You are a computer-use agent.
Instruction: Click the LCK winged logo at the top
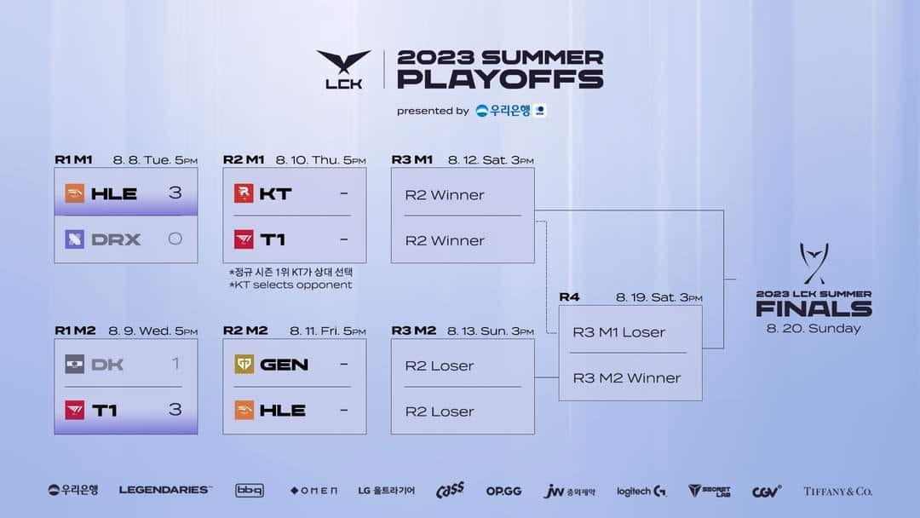click(x=344, y=69)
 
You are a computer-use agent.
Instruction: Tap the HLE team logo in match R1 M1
click(x=74, y=193)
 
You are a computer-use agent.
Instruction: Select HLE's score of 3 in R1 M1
click(x=175, y=193)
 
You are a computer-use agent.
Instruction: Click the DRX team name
click(x=116, y=239)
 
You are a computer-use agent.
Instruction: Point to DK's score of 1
click(x=175, y=364)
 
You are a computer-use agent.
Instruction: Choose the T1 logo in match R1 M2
click(x=74, y=410)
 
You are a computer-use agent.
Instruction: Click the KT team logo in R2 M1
click(x=244, y=193)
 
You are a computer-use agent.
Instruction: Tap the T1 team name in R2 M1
click(x=273, y=239)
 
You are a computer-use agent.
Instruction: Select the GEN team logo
click(x=244, y=365)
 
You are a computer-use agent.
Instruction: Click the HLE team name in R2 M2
click(x=282, y=410)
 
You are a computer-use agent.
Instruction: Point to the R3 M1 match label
click(x=412, y=159)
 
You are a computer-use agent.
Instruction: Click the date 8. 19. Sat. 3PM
click(x=658, y=297)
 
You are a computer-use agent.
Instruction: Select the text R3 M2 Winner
click(x=627, y=377)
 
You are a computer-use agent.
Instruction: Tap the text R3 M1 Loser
click(x=619, y=332)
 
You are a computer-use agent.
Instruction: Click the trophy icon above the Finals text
click(x=814, y=263)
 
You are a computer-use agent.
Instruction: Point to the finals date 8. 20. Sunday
click(x=814, y=329)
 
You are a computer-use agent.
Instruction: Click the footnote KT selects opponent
click(x=290, y=285)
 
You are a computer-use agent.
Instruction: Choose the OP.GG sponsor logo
click(x=503, y=491)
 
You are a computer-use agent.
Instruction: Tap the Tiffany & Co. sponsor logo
click(x=837, y=491)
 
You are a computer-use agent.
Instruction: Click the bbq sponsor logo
click(x=250, y=491)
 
